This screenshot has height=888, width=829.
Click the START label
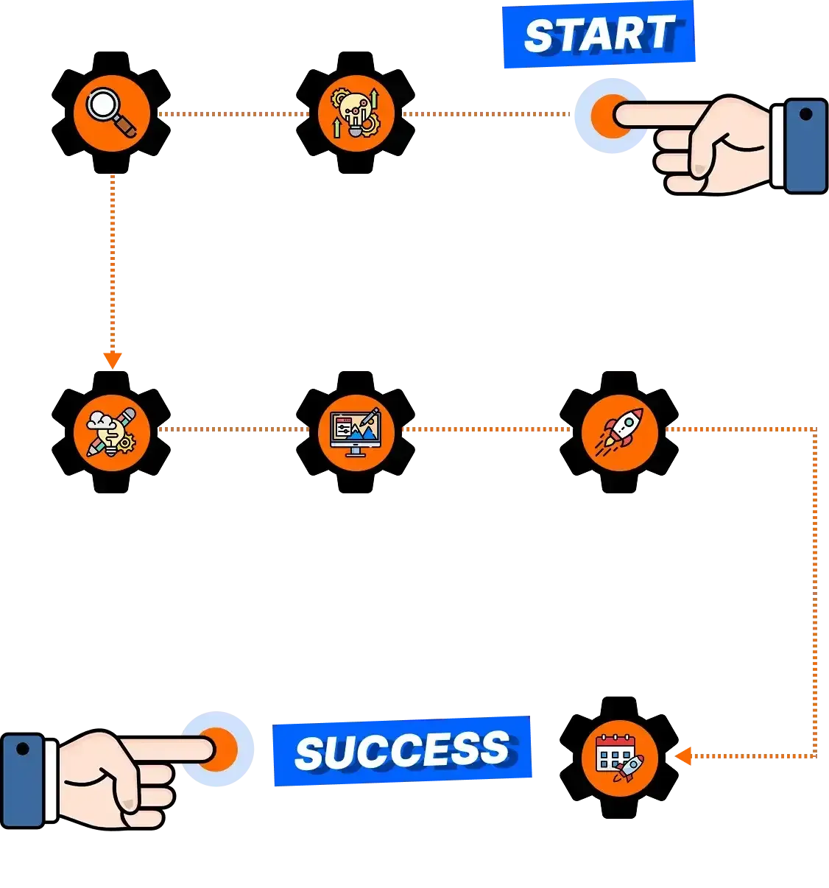(x=599, y=35)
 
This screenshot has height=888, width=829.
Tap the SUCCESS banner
(x=403, y=751)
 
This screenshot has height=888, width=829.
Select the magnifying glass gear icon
(x=111, y=113)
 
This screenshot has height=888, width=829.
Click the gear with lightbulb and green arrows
(x=356, y=113)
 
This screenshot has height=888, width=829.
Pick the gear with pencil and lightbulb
(x=111, y=432)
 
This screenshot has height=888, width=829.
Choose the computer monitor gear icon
(x=356, y=432)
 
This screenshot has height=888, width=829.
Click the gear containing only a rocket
(x=619, y=432)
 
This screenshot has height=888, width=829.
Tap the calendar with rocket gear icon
(x=619, y=758)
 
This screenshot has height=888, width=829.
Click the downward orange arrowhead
(x=112, y=360)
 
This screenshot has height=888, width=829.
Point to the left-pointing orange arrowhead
(x=683, y=756)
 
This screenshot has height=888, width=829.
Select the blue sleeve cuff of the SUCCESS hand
(x=22, y=780)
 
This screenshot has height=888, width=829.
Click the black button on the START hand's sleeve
(x=805, y=114)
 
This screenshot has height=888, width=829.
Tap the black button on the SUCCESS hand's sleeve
(x=22, y=749)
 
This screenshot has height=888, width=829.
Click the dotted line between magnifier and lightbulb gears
(x=233, y=114)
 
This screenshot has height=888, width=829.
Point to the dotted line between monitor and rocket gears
(x=487, y=429)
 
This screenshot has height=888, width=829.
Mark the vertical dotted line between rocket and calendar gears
(x=815, y=593)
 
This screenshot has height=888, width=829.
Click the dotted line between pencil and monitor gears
(x=233, y=429)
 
